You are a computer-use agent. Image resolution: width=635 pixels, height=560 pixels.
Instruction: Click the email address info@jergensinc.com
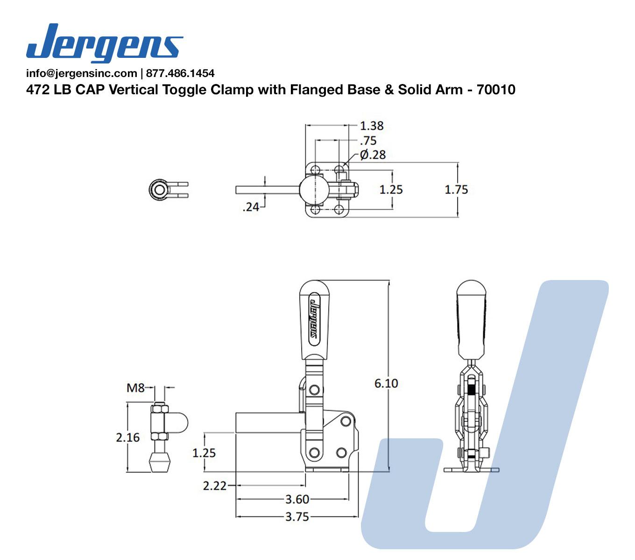point(82,73)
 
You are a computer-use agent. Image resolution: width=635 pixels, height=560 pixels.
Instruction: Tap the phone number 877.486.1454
point(180,73)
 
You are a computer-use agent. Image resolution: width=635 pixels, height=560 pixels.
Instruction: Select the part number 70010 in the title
point(496,90)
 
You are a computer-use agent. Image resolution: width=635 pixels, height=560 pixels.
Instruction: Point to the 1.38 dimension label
point(371,126)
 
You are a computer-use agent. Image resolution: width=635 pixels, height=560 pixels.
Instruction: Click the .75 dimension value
point(368,141)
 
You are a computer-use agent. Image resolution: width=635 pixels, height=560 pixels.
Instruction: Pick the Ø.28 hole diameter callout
point(373,155)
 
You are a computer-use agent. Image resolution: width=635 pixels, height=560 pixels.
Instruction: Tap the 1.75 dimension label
point(456,189)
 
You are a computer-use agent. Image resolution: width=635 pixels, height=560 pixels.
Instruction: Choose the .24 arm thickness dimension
point(251,207)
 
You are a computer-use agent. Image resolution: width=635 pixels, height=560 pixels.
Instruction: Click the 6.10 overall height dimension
point(386,383)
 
